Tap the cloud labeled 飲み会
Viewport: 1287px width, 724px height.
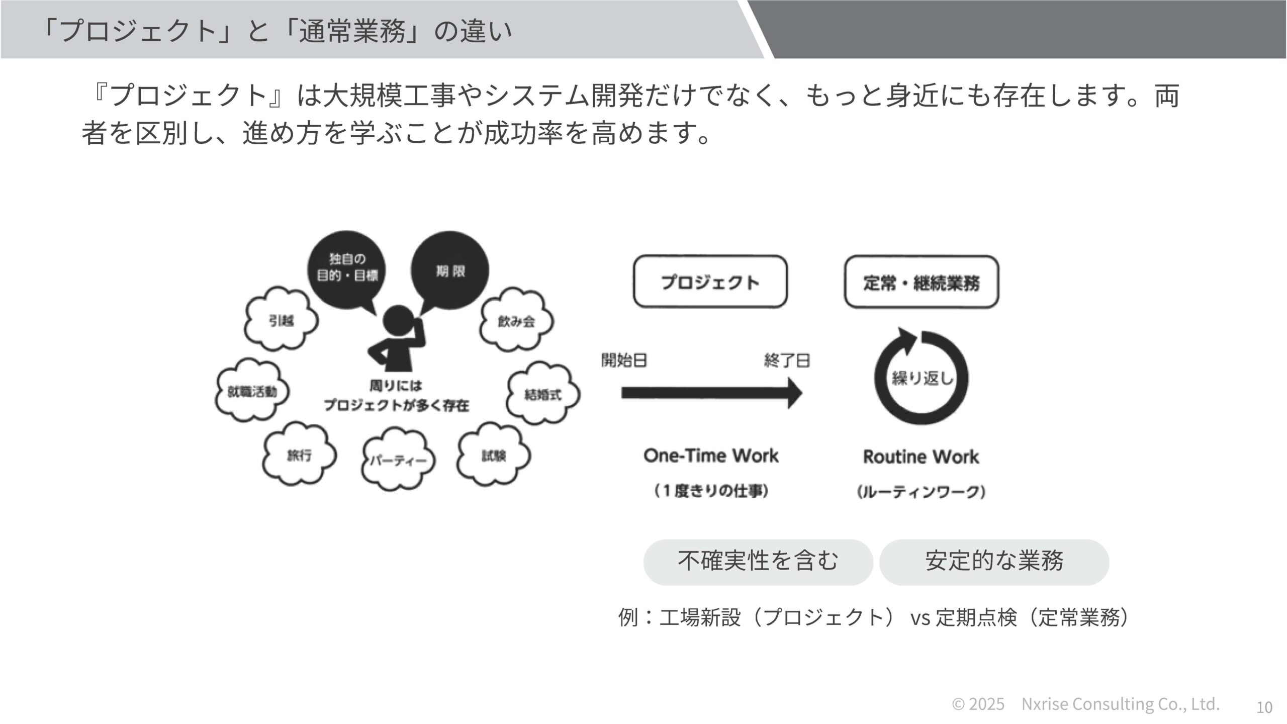[x=516, y=321]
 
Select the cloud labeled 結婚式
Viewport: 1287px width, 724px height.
[x=543, y=395]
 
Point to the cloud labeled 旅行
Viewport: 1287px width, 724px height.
[x=299, y=456]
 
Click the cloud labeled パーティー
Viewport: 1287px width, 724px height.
[x=398, y=460]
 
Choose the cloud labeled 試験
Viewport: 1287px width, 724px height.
[x=494, y=456]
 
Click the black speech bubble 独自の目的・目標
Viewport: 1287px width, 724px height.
[x=346, y=268]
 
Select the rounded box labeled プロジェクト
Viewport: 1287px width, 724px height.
[x=710, y=282]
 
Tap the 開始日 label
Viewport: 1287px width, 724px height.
[x=624, y=360]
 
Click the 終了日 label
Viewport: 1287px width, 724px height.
[x=787, y=360]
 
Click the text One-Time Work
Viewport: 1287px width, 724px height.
[x=711, y=456]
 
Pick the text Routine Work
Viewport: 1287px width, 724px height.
[x=921, y=457]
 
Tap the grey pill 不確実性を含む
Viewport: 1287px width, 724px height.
[x=758, y=562]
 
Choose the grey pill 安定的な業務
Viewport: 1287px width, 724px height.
[x=994, y=562]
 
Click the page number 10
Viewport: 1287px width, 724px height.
[x=1264, y=707]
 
